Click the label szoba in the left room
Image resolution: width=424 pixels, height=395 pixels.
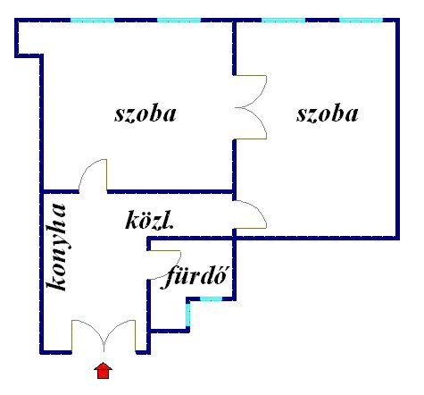tap(145, 114)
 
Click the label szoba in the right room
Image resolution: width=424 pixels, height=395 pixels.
tap(328, 114)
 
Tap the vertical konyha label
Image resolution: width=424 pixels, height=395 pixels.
tap(56, 247)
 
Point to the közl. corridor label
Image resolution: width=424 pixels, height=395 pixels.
tap(149, 220)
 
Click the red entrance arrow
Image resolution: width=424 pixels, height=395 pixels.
tap(103, 370)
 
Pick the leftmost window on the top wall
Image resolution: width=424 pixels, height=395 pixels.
tap(92, 21)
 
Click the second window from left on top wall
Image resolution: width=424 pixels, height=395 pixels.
tap(179, 21)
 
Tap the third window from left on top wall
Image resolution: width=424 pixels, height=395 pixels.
tap(283, 21)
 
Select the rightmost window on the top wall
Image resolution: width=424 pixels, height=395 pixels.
tap(361, 21)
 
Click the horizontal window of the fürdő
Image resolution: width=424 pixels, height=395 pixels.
tap(211, 298)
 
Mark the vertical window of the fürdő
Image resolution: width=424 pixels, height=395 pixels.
tap(188, 315)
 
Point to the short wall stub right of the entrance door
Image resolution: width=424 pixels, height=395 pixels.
tap(143, 352)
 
